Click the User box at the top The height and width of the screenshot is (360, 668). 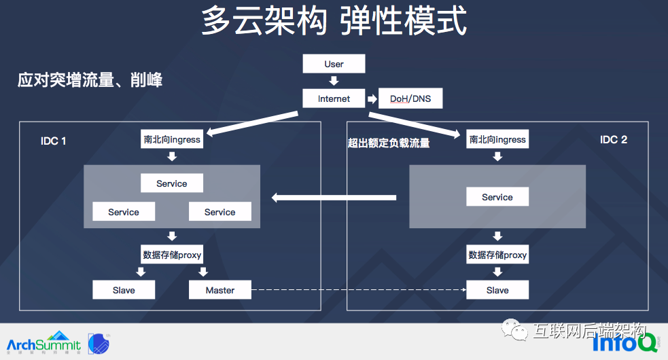(334, 64)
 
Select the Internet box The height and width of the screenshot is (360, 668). (334, 98)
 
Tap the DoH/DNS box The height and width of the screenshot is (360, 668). (410, 98)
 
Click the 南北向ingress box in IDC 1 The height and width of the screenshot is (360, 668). (172, 139)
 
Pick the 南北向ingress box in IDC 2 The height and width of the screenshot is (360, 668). (497, 139)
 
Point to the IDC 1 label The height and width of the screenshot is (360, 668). (54, 141)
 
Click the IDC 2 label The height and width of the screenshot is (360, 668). (614, 139)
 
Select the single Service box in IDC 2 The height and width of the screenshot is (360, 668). (497, 197)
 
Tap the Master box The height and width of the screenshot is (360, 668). (219, 290)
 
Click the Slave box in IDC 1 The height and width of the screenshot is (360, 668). (124, 290)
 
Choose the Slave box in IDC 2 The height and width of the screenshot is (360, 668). (497, 290)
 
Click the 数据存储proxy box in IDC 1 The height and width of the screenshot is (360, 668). (172, 255)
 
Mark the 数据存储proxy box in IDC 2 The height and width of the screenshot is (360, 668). (497, 255)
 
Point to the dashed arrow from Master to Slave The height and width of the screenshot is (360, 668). (358, 290)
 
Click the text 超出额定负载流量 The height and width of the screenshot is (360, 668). (389, 143)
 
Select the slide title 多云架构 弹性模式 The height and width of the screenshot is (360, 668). (334, 21)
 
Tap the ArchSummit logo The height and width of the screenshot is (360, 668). (43, 343)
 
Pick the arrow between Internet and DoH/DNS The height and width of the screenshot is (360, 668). (372, 99)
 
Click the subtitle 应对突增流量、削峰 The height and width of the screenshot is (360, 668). (90, 81)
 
